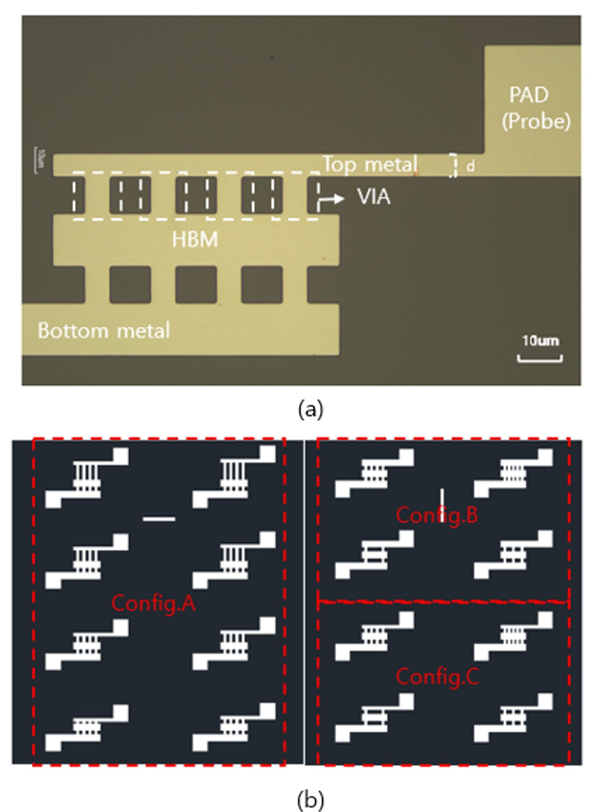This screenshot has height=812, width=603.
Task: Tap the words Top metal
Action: coord(370,164)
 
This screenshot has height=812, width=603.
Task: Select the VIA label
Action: coord(373,197)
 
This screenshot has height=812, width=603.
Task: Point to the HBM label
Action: coord(195,239)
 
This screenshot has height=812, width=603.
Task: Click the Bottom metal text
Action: coord(103,330)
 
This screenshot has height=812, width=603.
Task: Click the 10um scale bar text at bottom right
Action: coord(540,341)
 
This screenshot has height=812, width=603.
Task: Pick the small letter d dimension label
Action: coord(470,166)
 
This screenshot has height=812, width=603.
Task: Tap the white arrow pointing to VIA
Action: coord(332,199)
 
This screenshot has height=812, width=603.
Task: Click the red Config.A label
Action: coord(153,603)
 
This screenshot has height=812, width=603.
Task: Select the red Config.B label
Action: coord(437,515)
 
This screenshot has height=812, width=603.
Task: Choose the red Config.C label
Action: coord(437,677)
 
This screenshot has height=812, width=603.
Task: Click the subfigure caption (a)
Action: coord(310,409)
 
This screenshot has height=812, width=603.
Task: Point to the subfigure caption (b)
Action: coord(310,799)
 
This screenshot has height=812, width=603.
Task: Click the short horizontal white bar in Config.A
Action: coord(159,519)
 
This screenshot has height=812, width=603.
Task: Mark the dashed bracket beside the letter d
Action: coord(453,165)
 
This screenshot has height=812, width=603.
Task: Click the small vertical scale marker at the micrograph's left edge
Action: coord(39,160)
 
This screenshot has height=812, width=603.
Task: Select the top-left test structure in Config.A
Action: coord(87,477)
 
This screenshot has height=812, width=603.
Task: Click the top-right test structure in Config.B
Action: coord(513,473)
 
